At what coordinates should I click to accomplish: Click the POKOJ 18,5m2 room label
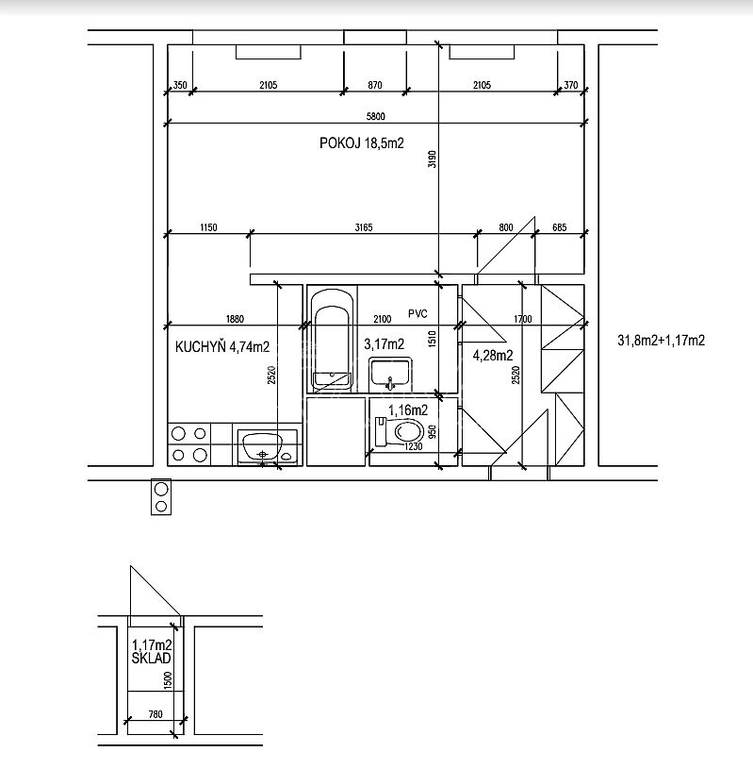pos(362,143)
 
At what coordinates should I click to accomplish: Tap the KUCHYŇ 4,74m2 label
pos(222,347)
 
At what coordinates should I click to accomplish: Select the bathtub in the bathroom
pos(333,340)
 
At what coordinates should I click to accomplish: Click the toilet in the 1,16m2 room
pos(400,431)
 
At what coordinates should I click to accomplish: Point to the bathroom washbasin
pos(390,374)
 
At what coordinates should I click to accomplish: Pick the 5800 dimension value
pos(376,116)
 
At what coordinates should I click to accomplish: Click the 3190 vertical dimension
pos(432,159)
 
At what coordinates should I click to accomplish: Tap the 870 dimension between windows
pos(375,85)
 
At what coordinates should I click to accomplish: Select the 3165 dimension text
pos(364,227)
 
